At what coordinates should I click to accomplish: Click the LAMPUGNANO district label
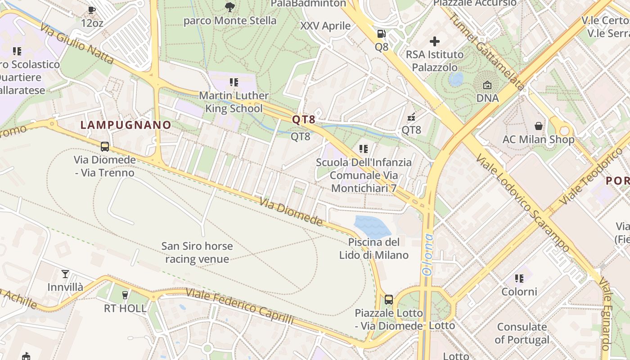tap(126, 125)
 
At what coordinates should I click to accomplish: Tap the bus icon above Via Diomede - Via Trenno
tap(104, 146)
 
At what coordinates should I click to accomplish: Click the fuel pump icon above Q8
tap(381, 34)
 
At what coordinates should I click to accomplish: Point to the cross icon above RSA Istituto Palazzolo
tap(434, 42)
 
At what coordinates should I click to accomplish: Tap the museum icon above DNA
tap(487, 85)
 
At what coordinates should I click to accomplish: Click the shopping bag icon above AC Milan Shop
tap(538, 126)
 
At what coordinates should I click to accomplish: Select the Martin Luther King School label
tap(234, 102)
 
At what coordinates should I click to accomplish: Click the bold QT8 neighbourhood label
tap(304, 120)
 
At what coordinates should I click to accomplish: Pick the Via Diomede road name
tap(291, 211)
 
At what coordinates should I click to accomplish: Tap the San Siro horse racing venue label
tap(197, 252)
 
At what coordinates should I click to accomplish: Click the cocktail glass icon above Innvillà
tap(65, 274)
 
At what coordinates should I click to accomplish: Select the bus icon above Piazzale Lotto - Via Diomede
tap(388, 300)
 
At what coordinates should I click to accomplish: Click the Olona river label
tap(427, 254)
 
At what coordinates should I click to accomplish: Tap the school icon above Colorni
tap(519, 279)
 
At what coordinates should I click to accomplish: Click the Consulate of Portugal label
tap(522, 333)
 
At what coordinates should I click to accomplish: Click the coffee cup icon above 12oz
tap(92, 10)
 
